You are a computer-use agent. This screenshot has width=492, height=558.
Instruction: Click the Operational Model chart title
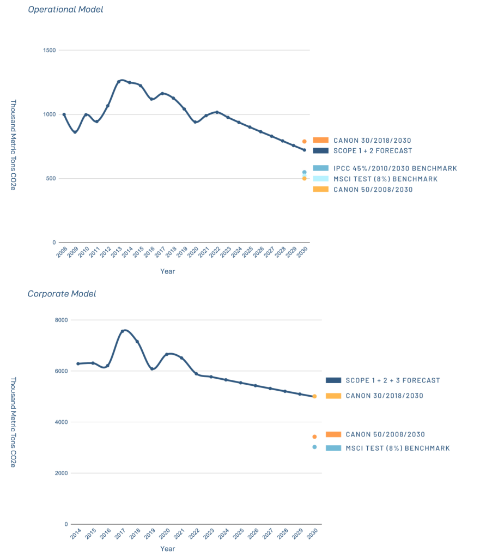(65, 9)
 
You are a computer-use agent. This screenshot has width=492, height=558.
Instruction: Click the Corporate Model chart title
(62, 294)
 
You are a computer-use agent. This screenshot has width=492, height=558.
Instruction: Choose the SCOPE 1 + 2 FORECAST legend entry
(373, 150)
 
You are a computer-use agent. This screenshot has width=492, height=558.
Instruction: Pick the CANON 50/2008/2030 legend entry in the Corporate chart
(385, 434)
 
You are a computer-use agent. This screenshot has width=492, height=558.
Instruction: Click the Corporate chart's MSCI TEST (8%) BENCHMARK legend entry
(398, 448)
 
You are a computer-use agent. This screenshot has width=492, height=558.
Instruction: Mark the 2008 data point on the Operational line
(64, 114)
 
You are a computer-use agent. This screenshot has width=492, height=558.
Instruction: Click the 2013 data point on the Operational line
(118, 82)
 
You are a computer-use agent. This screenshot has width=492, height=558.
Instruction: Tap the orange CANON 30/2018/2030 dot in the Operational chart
(304, 141)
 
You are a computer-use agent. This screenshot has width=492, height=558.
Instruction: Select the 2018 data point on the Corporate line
(137, 342)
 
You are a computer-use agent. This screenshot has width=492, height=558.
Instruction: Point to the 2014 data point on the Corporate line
(78, 363)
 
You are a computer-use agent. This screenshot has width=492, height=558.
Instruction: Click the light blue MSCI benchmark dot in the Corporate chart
(314, 447)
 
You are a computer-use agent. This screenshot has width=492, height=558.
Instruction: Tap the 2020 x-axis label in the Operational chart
(193, 253)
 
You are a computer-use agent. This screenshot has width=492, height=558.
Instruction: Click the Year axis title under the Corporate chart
(168, 549)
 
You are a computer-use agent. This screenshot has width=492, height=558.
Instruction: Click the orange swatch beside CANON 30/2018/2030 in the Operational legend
(320, 140)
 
